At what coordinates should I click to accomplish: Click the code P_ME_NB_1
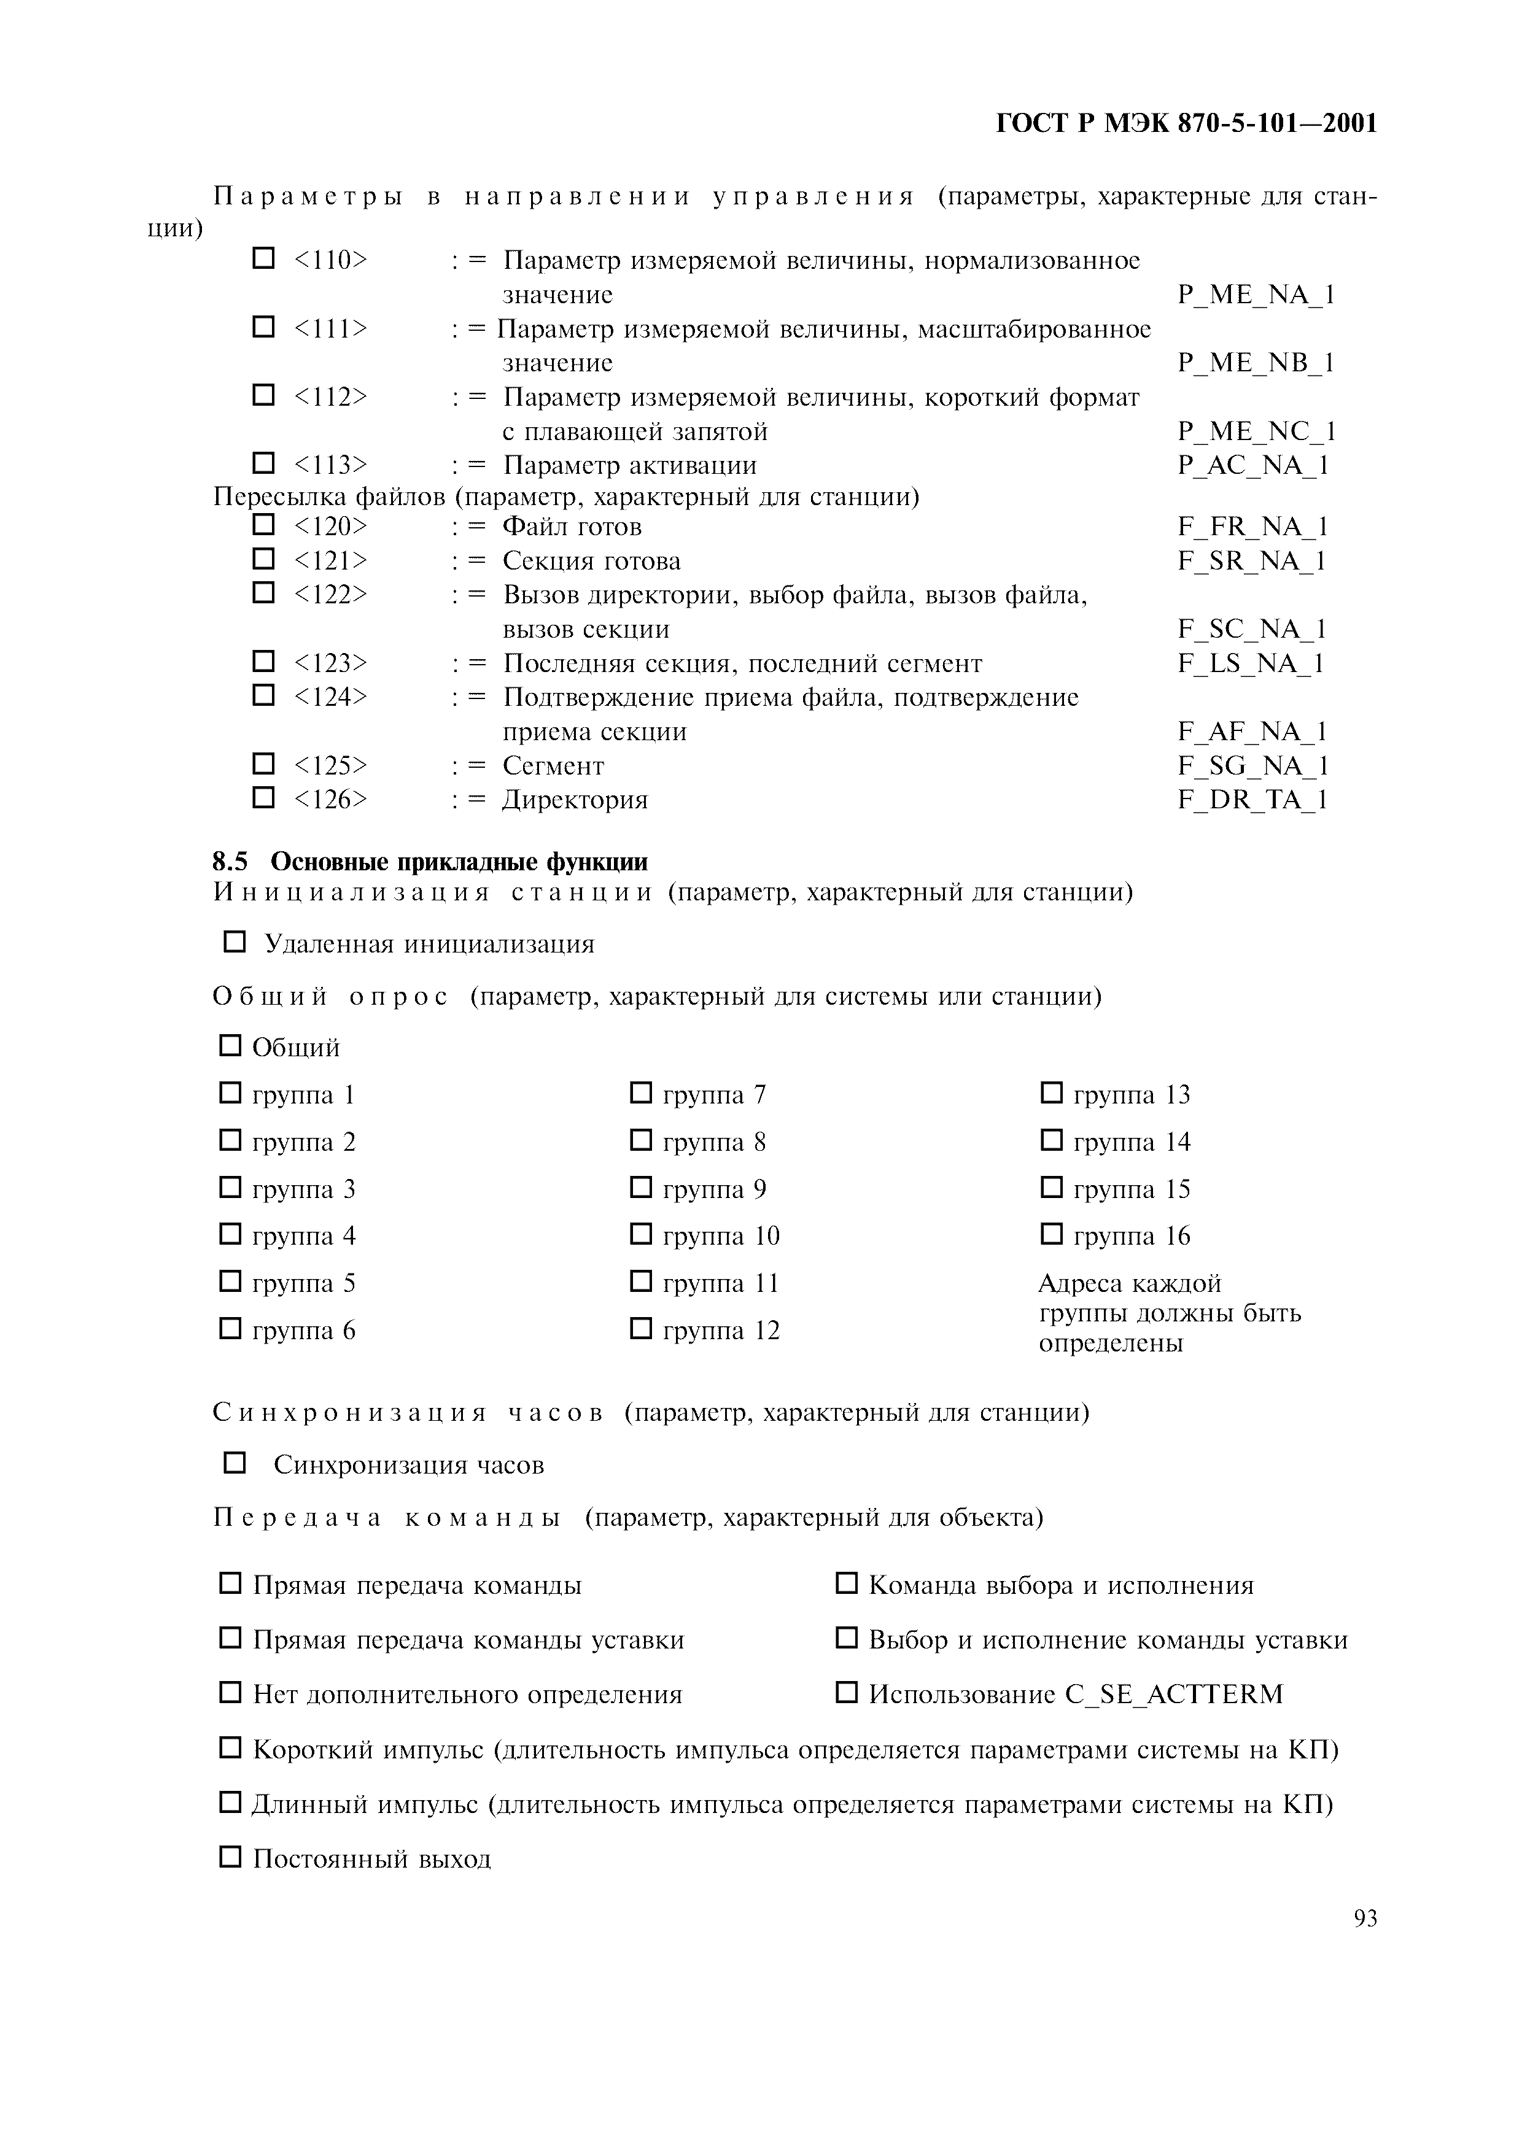tap(1256, 363)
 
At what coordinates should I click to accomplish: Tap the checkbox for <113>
tap(263, 463)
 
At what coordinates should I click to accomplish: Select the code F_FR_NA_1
tap(1252, 527)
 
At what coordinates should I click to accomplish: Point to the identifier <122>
tap(330, 595)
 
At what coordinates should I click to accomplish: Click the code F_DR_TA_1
tap(1252, 800)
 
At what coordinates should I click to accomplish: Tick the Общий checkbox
tap(230, 1046)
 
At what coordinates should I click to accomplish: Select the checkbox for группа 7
tap(640, 1092)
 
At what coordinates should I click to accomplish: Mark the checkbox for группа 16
tap(1051, 1234)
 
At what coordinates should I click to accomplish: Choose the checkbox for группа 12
tap(640, 1328)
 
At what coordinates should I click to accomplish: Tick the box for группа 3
tap(230, 1187)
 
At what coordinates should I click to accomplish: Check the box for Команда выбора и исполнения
tap(846, 1584)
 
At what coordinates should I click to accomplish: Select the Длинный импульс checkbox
tap(230, 1801)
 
